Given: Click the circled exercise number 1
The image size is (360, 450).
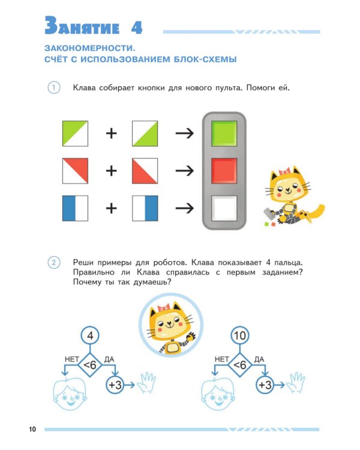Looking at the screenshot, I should (54, 88).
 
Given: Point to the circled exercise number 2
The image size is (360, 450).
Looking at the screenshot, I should (54, 262).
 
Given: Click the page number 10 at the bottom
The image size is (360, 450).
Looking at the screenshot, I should (32, 429).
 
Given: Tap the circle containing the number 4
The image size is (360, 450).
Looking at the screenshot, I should (89, 336).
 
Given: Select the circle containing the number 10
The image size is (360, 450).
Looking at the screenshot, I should (239, 336).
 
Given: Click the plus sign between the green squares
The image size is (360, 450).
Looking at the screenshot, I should (111, 133).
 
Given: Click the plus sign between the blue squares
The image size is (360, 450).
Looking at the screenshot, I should (111, 208).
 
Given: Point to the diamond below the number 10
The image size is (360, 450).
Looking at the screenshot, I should (239, 364).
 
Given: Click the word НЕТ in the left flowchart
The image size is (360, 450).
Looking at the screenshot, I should (72, 359).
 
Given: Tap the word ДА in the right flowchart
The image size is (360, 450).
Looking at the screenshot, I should (259, 359).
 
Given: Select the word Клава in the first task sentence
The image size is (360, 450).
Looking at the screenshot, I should (85, 88).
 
